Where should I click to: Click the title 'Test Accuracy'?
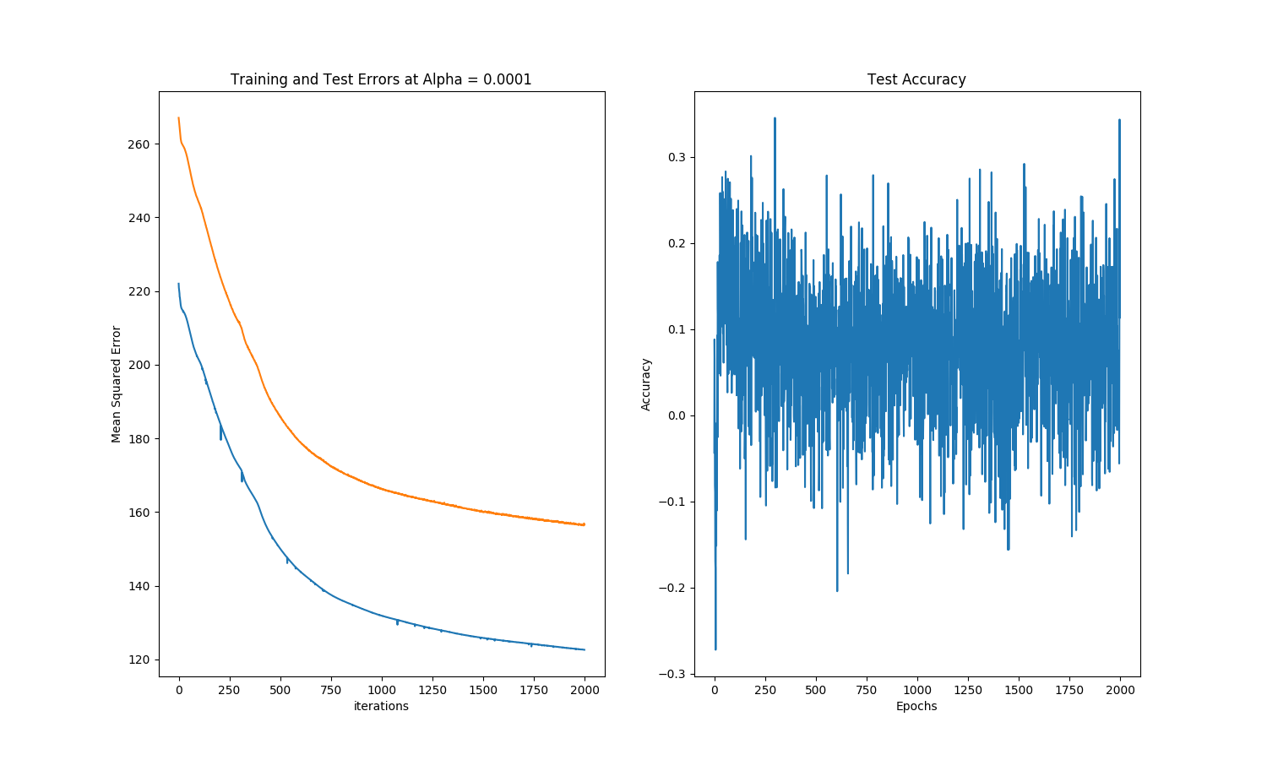pyautogui.click(x=916, y=79)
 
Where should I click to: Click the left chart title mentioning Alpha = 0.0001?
pyautogui.click(x=381, y=79)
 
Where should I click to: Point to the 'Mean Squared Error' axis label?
pyautogui.click(x=117, y=384)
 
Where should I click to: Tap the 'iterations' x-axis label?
pyautogui.click(x=381, y=706)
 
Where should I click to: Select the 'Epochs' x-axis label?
pyautogui.click(x=916, y=706)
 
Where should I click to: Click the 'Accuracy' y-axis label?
pyautogui.click(x=646, y=384)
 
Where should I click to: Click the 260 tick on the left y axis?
pyautogui.click(x=139, y=144)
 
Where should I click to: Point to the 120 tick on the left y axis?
pyautogui.click(x=139, y=660)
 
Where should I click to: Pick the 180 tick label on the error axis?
pyautogui.click(x=139, y=439)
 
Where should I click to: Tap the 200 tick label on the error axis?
pyautogui.click(x=139, y=365)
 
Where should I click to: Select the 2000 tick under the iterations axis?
pyautogui.click(x=585, y=690)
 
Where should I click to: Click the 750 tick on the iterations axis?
pyautogui.click(x=331, y=690)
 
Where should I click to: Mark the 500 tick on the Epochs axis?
pyautogui.click(x=816, y=690)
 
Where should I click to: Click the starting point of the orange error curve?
pyautogui.click(x=179, y=118)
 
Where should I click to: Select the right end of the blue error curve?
pyautogui.click(x=585, y=649)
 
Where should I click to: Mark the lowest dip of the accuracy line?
pyautogui.click(x=715, y=649)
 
